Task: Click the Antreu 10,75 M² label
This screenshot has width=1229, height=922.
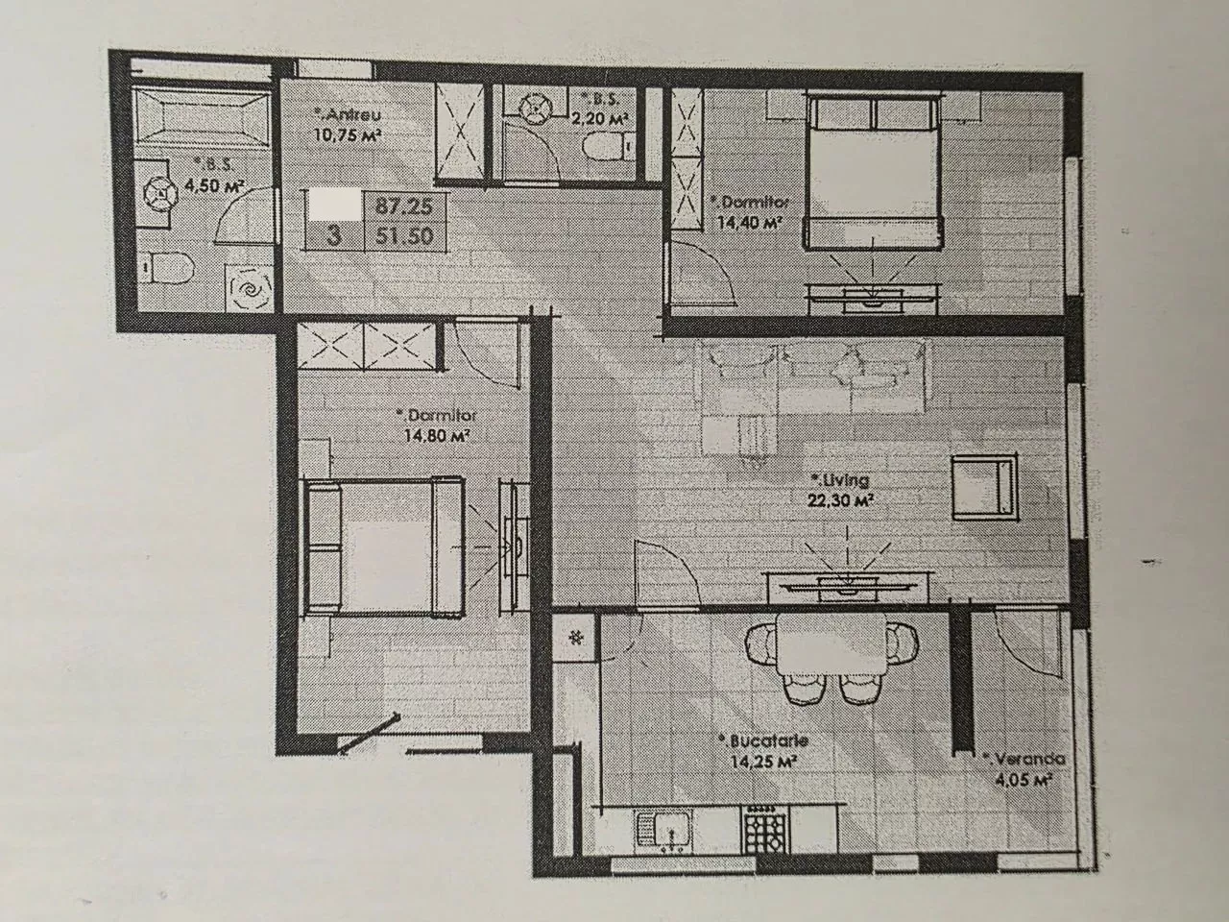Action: [349, 124]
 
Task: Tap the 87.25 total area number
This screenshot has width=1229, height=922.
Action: [404, 206]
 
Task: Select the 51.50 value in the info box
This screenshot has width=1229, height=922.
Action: [404, 235]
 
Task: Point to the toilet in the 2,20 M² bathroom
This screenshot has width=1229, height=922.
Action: [608, 147]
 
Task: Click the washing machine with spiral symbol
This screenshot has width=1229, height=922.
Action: [249, 288]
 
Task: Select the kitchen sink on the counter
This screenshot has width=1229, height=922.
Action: [662, 833]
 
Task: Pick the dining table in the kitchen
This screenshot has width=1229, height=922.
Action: [832, 644]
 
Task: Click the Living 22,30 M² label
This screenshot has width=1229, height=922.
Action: [840, 490]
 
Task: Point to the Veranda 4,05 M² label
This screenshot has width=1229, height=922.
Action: [1024, 768]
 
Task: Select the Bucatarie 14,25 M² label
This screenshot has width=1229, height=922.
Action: [763, 751]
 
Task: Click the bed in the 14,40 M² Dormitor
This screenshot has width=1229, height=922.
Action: [874, 173]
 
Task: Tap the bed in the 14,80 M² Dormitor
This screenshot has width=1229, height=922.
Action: [384, 546]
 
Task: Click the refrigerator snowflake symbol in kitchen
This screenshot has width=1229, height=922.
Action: [574, 638]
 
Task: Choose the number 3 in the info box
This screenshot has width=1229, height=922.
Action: [334, 235]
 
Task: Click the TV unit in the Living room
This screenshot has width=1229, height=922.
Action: [849, 587]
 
